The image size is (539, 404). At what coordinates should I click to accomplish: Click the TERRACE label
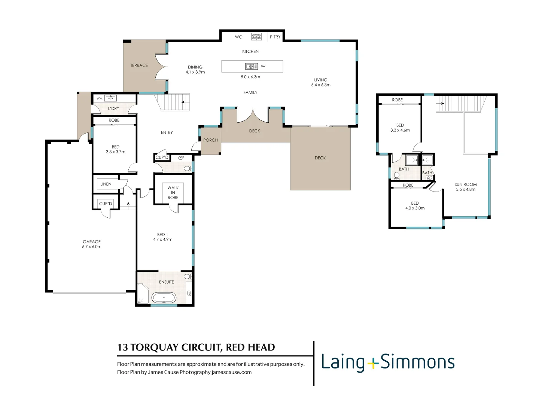pyautogui.click(x=139, y=65)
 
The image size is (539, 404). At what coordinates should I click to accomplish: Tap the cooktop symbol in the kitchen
pyautogui.click(x=256, y=37)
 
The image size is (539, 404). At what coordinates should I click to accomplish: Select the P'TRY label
pyautogui.click(x=275, y=37)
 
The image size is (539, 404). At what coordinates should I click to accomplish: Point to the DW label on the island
pyautogui.click(x=263, y=66)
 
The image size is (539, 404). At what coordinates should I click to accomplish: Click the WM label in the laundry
pyautogui.click(x=100, y=98)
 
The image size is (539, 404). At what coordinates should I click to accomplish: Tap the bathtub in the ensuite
pyautogui.click(x=164, y=298)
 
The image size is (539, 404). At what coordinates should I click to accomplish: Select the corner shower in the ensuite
pyautogui.click(x=143, y=294)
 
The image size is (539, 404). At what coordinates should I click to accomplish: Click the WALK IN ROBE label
pyautogui.click(x=173, y=193)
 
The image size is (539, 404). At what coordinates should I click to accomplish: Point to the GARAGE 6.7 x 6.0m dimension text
pyautogui.click(x=92, y=247)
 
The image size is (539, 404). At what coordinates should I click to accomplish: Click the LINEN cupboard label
pyautogui.click(x=106, y=184)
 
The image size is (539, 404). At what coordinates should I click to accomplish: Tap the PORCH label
pyautogui.click(x=210, y=140)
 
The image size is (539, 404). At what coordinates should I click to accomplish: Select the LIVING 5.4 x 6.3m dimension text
pyautogui.click(x=321, y=85)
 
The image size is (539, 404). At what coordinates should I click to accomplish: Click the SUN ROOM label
pyautogui.click(x=466, y=184)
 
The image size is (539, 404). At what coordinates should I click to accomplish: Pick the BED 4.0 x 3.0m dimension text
pyautogui.click(x=415, y=208)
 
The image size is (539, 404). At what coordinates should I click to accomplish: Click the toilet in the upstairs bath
pyautogui.click(x=397, y=175)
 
